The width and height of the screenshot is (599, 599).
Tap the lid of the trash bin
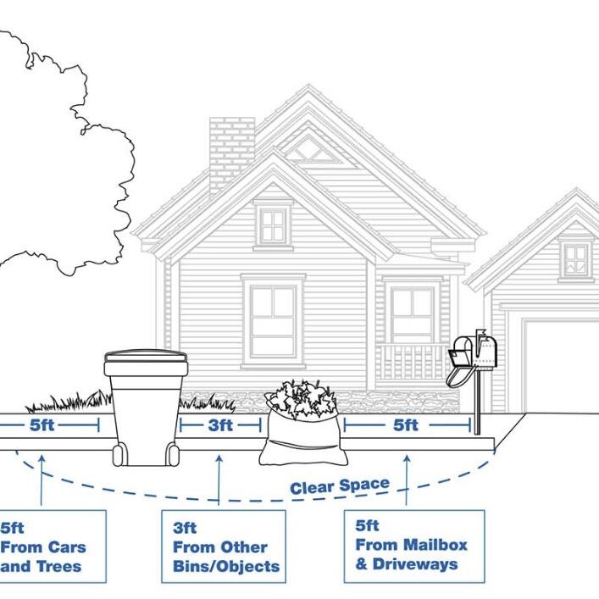click(145, 359)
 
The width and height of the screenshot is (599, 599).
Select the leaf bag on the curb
click(302, 428)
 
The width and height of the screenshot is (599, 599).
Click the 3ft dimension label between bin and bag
click(220, 425)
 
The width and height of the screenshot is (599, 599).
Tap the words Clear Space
click(340, 486)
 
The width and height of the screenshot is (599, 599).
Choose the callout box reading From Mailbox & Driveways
click(413, 546)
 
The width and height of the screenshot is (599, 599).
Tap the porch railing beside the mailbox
click(410, 362)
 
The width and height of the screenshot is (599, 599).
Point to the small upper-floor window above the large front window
click(273, 225)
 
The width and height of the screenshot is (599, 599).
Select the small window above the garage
click(576, 259)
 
